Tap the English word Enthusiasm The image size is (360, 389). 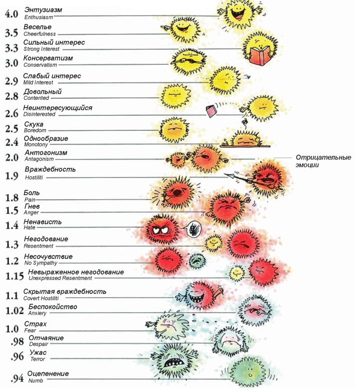pos(39,17)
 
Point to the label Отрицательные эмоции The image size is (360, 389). pos(323,161)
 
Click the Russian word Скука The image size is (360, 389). pos(34,124)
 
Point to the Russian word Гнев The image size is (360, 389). pos(32,206)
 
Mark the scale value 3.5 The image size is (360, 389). pos(11,33)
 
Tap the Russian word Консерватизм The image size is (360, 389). pos(48,58)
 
